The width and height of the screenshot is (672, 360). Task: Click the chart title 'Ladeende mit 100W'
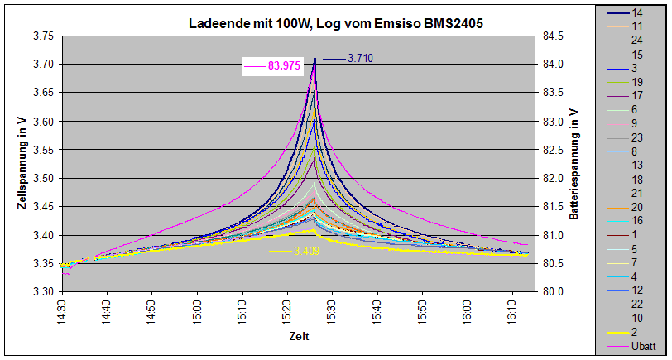[x=336, y=25]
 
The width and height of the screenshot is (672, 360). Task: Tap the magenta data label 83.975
[x=284, y=65]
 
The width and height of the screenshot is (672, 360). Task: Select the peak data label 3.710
[x=360, y=59]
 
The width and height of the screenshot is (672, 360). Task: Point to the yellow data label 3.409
[x=306, y=251]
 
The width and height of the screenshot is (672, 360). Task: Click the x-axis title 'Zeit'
[x=299, y=337]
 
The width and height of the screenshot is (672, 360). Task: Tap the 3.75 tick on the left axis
[x=42, y=36]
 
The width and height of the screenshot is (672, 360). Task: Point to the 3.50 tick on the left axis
[x=42, y=179]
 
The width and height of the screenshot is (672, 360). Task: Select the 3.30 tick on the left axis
[x=42, y=292]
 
